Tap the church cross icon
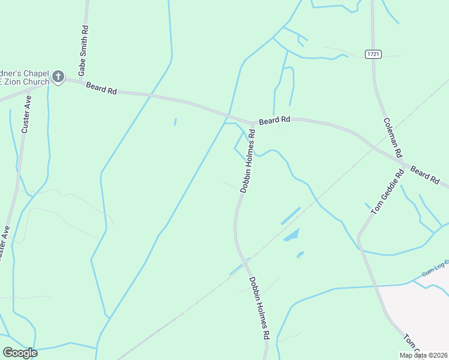click(58, 76)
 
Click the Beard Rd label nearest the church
click(101, 88)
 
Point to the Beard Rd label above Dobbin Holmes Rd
click(275, 121)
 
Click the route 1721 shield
click(373, 54)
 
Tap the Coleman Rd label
click(392, 137)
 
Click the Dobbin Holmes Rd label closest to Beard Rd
click(249, 160)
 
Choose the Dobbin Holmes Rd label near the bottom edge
click(259, 308)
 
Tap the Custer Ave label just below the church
click(26, 113)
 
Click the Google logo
click(20, 353)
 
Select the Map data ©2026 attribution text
click(423, 355)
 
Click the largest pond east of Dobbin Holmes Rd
click(291, 235)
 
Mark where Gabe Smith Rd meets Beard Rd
click(82, 80)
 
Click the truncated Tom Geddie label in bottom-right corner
click(412, 343)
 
